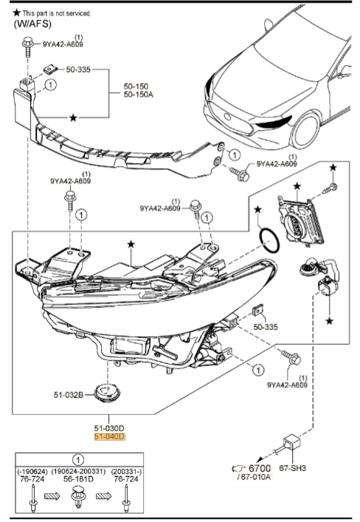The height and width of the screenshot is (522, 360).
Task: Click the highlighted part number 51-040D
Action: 109,437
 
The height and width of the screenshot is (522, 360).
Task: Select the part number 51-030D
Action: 109,427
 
